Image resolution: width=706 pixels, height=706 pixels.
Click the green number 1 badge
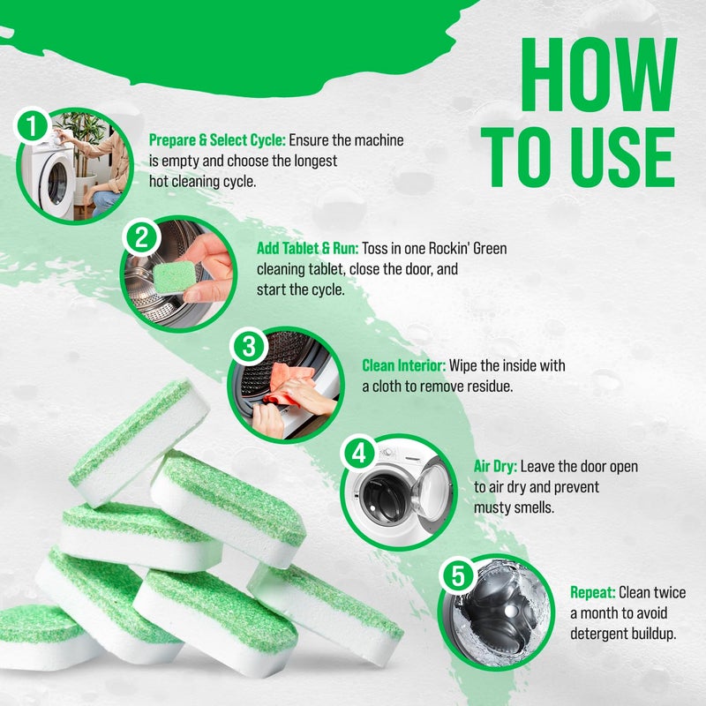click(x=34, y=127)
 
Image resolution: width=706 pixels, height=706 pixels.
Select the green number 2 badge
click(x=140, y=236)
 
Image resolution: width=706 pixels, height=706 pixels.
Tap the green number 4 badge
click(x=358, y=454)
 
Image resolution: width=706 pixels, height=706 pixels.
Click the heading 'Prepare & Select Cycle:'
click(x=217, y=140)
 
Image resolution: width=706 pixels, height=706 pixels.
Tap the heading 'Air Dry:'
click(x=495, y=467)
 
